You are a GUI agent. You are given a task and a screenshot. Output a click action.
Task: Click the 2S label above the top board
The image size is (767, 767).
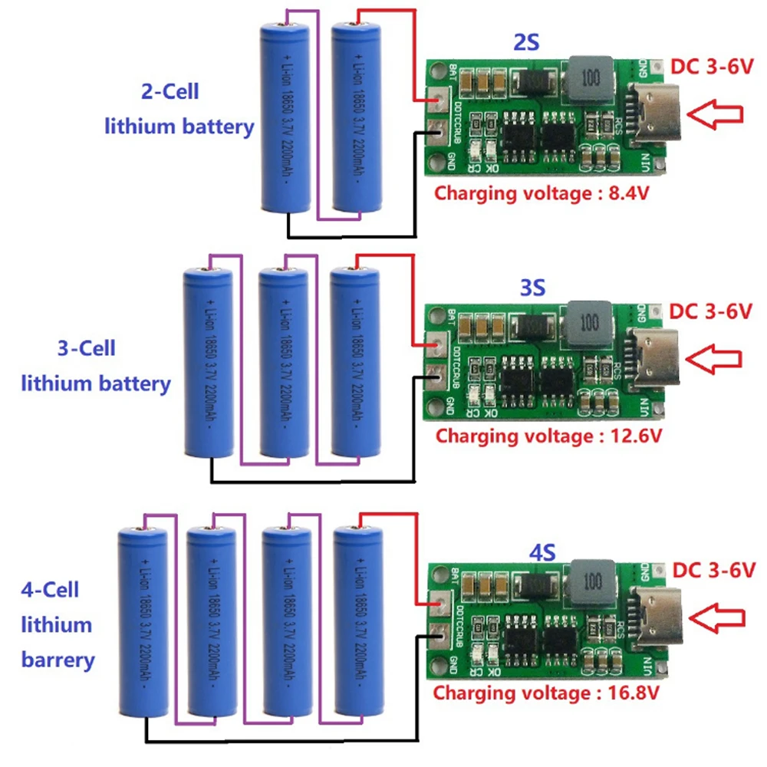pos(526,43)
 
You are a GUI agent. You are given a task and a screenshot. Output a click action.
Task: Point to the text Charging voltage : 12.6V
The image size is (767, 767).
pos(548,436)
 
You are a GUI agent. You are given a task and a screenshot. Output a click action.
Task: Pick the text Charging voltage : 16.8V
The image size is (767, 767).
pos(545,693)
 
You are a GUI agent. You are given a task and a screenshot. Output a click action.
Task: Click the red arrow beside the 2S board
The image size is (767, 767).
pos(715,114)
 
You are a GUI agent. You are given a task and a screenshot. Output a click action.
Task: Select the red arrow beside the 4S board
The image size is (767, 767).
pos(716,615)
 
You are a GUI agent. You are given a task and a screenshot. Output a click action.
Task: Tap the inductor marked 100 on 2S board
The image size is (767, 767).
pos(589,78)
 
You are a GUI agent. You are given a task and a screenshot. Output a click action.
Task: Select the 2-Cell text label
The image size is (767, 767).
pos(170,91)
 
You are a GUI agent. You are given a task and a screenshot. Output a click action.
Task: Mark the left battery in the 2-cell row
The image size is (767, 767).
pos(285,117)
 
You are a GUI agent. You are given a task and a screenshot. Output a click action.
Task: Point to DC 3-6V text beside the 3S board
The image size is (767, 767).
pos(709,311)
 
